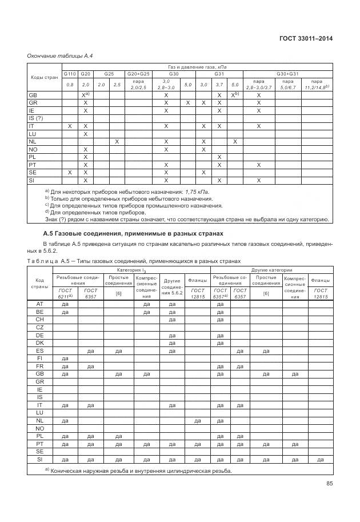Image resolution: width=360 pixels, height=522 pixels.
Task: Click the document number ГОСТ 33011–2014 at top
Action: click(x=306, y=38)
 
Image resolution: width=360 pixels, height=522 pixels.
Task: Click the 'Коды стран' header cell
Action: click(x=44, y=77)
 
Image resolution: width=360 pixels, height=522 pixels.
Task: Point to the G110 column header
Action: click(x=70, y=74)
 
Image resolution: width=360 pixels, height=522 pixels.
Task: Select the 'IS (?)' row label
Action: click(x=37, y=118)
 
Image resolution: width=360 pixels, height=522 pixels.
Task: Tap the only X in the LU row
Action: click(x=85, y=134)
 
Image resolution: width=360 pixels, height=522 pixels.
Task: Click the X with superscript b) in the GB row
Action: click(x=234, y=94)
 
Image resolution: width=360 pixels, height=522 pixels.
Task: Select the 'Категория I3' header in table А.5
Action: click(x=131, y=269)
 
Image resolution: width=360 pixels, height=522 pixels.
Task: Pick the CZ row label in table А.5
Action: click(x=39, y=327)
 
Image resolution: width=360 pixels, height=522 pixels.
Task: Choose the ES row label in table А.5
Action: click(x=39, y=350)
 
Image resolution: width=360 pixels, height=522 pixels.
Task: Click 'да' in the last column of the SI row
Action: click(x=320, y=459)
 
